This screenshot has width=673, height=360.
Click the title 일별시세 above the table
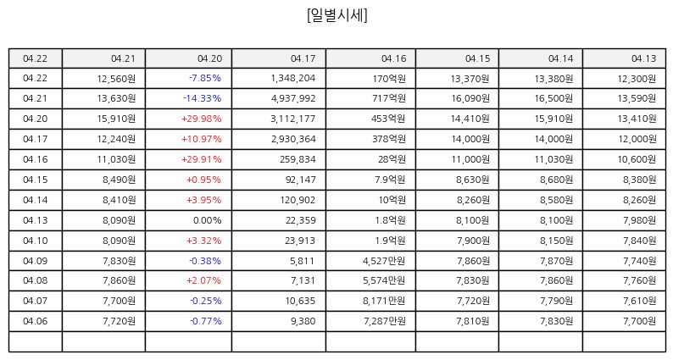pyautogui.click(x=337, y=15)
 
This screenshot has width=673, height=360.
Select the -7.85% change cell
pyautogui.click(x=205, y=78)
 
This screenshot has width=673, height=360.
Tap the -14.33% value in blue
pyautogui.click(x=203, y=98)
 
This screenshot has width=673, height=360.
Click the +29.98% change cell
pyautogui.click(x=201, y=119)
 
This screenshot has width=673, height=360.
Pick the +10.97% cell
pyautogui.click(x=201, y=139)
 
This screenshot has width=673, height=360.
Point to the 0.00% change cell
pyautogui.click(x=208, y=220)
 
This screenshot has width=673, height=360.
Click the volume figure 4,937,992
pyautogui.click(x=293, y=98)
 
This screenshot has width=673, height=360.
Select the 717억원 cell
pyautogui.click(x=389, y=98)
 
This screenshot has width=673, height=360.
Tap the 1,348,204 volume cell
pyautogui.click(x=293, y=78)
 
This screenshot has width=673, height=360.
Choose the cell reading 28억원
pyautogui.click(x=392, y=159)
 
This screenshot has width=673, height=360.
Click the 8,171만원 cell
pyautogui.click(x=384, y=301)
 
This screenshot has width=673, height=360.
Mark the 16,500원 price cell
pyautogui.click(x=553, y=98)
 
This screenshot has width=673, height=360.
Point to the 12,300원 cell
pyautogui.click(x=637, y=79)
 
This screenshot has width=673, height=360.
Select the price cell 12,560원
pyautogui.click(x=116, y=79)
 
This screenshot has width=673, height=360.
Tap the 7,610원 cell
pyautogui.click(x=640, y=301)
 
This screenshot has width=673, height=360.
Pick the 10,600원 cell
pyautogui.click(x=637, y=159)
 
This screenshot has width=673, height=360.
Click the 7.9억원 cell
pyautogui.click(x=390, y=180)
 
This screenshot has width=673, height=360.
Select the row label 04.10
pyautogui.click(x=36, y=241)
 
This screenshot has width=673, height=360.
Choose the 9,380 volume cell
pyautogui.click(x=303, y=321)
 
